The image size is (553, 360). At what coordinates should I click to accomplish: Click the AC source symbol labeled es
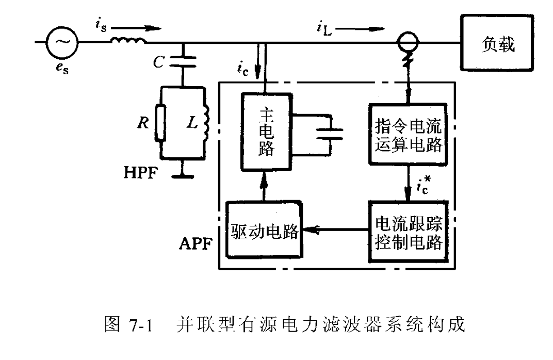tap(62, 43)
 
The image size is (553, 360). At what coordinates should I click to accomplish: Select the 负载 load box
tap(497, 44)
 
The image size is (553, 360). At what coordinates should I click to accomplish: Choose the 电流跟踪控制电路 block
tap(408, 232)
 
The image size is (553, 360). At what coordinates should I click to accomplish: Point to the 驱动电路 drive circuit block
tap(264, 232)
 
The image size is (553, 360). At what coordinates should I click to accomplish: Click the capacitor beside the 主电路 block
tap(330, 134)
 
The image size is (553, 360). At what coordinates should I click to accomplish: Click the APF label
tap(193, 243)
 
